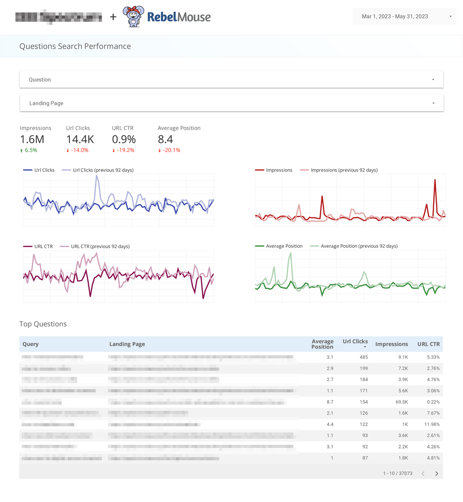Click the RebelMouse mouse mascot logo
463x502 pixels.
[134, 17]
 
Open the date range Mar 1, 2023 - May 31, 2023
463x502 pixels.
[404, 17]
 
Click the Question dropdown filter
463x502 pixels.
[231, 79]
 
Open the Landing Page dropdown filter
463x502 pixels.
[231, 103]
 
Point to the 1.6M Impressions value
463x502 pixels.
[32, 139]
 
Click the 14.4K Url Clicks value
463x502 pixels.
[80, 139]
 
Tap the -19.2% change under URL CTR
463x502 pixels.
[123, 150]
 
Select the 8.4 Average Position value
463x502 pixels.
[165, 139]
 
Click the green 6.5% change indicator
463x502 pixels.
[29, 150]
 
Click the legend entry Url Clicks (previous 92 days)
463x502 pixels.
[103, 170]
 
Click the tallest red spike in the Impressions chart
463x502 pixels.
[435, 181]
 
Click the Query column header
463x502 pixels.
[31, 344]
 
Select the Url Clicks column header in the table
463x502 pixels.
[355, 341]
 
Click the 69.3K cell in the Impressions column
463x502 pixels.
[402, 402]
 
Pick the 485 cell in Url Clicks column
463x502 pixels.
[363, 357]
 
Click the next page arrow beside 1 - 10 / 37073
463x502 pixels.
[437, 474]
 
